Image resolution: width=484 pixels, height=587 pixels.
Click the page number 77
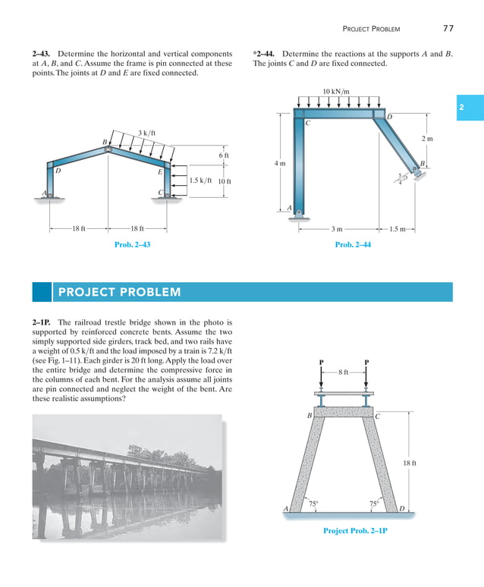point(448,29)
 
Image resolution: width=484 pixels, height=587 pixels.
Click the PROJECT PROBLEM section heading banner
point(242,292)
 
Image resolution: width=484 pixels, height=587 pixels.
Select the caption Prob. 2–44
point(354,244)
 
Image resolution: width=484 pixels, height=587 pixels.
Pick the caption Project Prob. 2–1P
point(355,530)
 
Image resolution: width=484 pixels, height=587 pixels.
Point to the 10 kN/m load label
point(336,92)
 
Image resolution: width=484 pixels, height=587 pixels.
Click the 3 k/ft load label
point(146,133)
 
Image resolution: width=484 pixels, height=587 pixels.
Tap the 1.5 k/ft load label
point(200,181)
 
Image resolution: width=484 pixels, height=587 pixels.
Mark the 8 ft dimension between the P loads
point(344,372)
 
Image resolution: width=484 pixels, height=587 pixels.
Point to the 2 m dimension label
point(427,140)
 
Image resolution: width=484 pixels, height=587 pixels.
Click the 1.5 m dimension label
point(398,228)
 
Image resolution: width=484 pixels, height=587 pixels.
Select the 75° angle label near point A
point(313,502)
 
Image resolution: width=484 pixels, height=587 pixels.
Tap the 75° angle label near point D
point(373,502)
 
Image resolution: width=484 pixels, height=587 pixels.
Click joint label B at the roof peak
point(105,142)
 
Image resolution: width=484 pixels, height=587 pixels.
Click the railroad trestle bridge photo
point(127,476)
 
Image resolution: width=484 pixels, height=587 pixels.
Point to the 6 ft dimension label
point(223,155)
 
